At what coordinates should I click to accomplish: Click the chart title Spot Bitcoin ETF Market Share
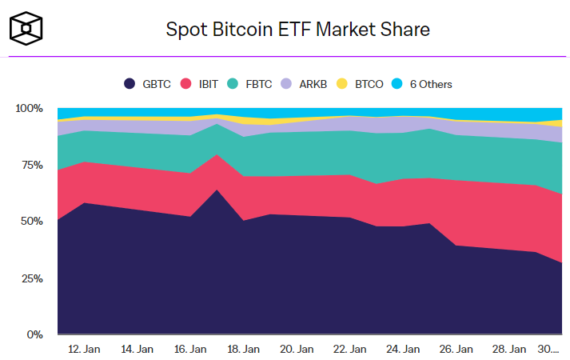297,30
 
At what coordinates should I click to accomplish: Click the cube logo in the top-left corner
26,30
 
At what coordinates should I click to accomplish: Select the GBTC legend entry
149,83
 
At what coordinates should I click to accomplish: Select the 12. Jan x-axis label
84,349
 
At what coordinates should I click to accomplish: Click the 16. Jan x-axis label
190,349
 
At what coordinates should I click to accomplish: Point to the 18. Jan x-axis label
243,349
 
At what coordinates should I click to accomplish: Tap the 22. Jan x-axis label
349,349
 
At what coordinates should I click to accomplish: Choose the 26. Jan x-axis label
456,349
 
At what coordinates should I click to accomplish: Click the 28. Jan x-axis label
508,349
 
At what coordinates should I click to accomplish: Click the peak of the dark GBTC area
217,190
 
